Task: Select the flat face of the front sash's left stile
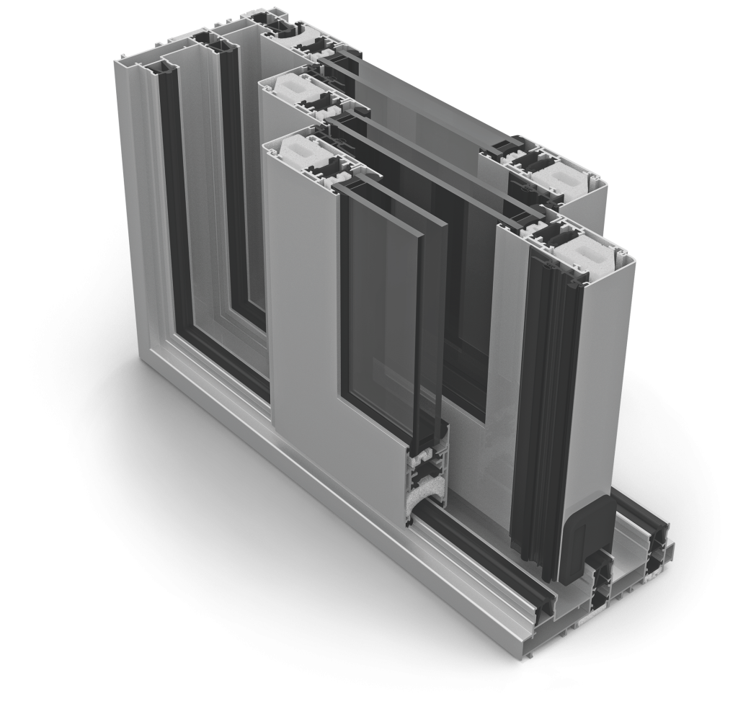[303, 288]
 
